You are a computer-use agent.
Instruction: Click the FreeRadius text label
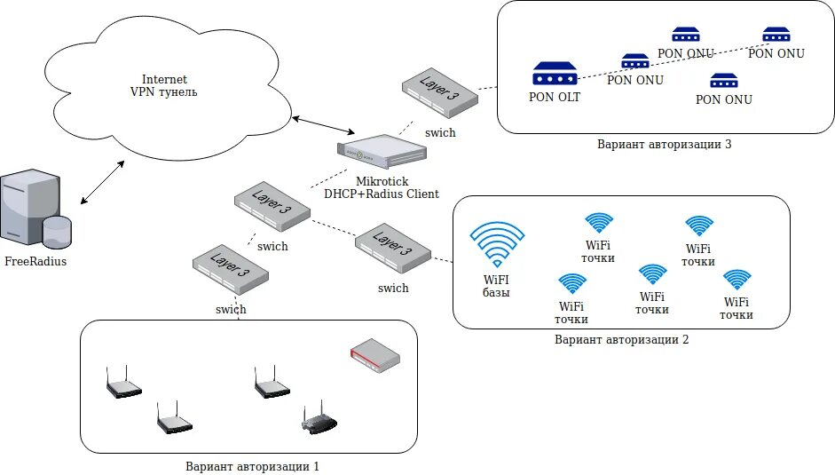tap(35, 262)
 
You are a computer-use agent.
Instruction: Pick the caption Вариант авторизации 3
tap(664, 143)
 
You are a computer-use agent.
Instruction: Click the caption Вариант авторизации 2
tap(621, 339)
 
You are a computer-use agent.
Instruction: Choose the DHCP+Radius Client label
tap(381, 194)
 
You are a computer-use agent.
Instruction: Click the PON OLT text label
tap(555, 97)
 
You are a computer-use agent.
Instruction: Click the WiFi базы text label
tap(497, 287)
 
